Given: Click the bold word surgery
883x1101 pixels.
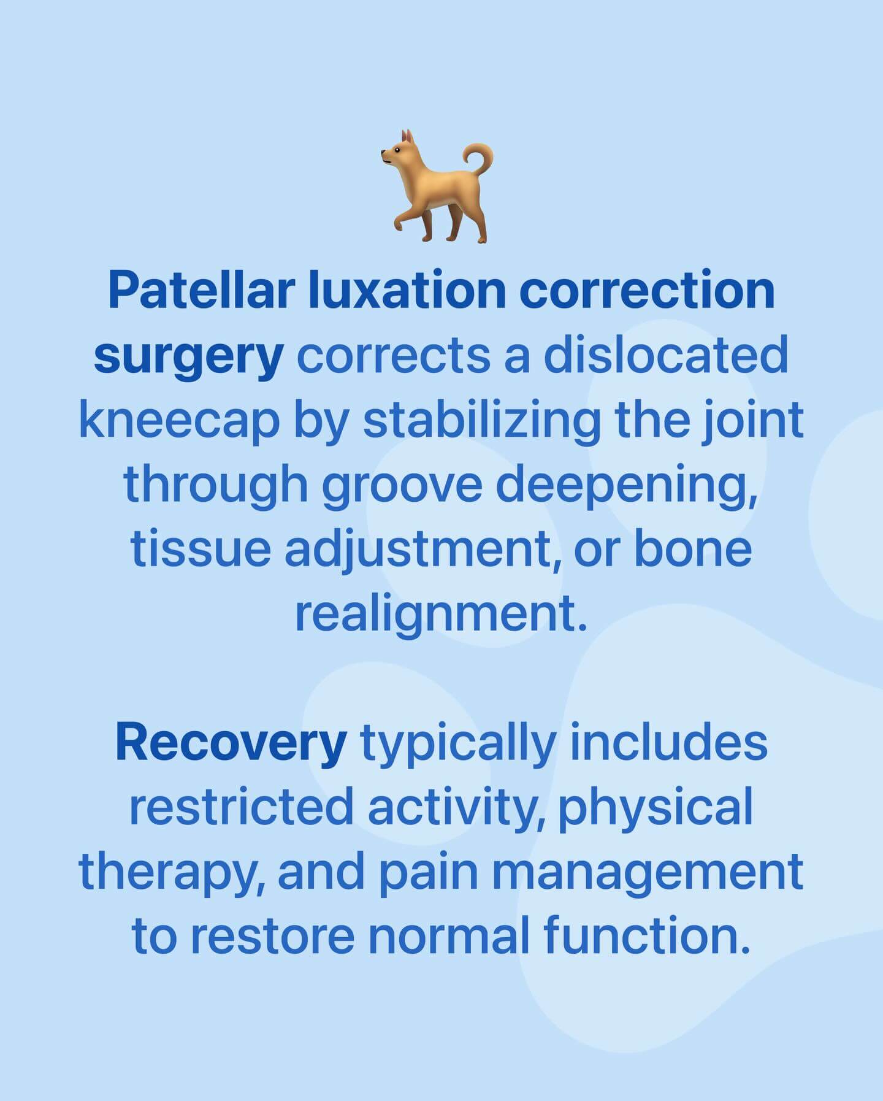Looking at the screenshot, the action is pos(188,356).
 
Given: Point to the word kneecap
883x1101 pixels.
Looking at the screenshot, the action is pos(180,421).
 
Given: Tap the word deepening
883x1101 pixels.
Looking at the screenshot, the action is pos(626,486).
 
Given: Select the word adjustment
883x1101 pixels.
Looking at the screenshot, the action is pos(422,550).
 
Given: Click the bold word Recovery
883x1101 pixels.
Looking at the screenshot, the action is pos(231,742).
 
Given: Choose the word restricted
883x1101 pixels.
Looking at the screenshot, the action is pos(242,806).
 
